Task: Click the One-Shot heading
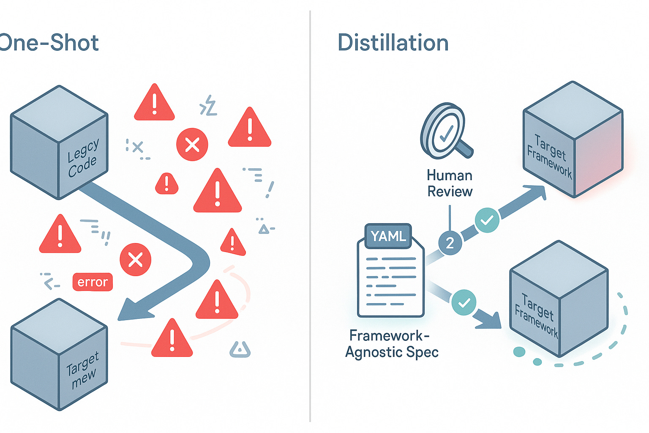coord(49,43)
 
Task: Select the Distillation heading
coord(393,43)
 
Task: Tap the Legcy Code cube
coord(59,142)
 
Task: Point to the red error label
coord(93,282)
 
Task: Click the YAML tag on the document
coord(388,236)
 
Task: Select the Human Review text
coord(450,184)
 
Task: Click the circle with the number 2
coord(450,243)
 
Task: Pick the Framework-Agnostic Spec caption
coord(392,344)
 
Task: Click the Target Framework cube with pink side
coord(573,140)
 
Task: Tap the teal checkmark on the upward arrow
coord(487,220)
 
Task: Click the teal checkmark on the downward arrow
coord(464,302)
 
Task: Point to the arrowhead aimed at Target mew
coord(133,310)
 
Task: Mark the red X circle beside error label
coord(135,260)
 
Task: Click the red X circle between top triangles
coord(192,145)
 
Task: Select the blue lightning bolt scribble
coord(208,106)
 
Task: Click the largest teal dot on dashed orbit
coord(519,352)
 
